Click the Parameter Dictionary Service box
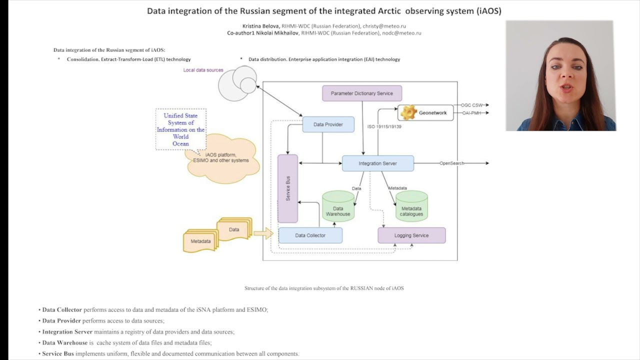click(x=362, y=93)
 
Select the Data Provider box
click(x=328, y=124)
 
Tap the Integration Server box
click(x=377, y=163)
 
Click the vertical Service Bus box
click(x=287, y=188)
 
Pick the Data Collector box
click(x=310, y=235)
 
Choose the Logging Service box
click(x=411, y=235)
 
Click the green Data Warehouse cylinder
click(x=338, y=207)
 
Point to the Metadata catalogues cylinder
click(x=411, y=207)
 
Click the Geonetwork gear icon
click(x=408, y=112)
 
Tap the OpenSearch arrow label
click(x=451, y=163)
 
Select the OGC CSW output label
click(x=471, y=105)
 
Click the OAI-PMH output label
click(x=471, y=113)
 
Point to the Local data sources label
click(x=203, y=70)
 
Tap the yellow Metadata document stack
click(x=200, y=241)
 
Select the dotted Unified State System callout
click(x=180, y=129)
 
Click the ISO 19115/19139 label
click(x=384, y=126)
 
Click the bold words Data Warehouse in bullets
click(x=64, y=342)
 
